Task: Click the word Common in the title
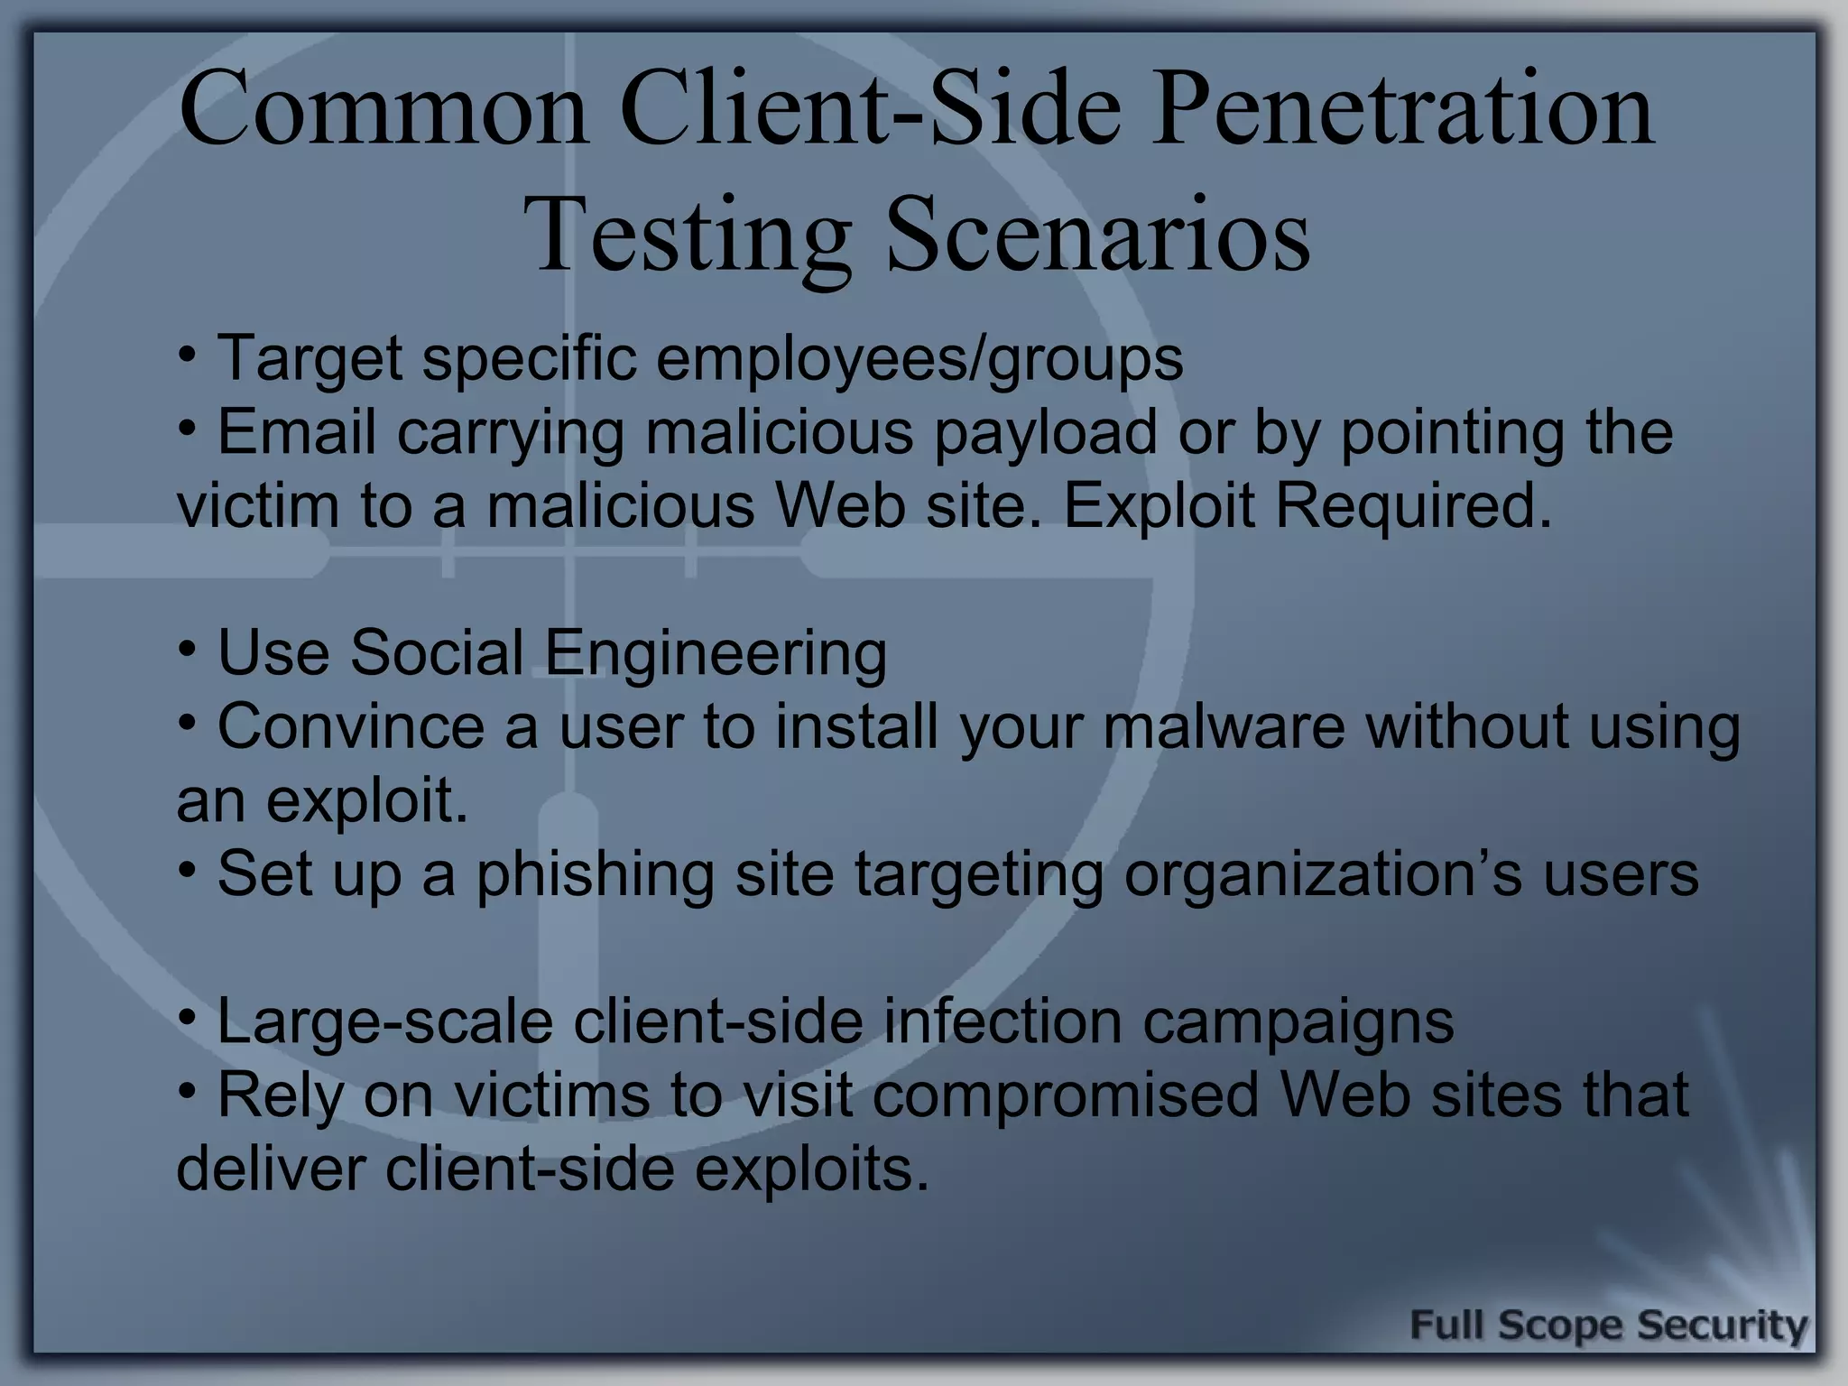point(383,112)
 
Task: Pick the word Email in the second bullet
point(297,431)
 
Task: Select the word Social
point(437,652)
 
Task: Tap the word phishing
point(595,874)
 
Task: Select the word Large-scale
point(384,1022)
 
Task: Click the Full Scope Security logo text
point(1608,1326)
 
